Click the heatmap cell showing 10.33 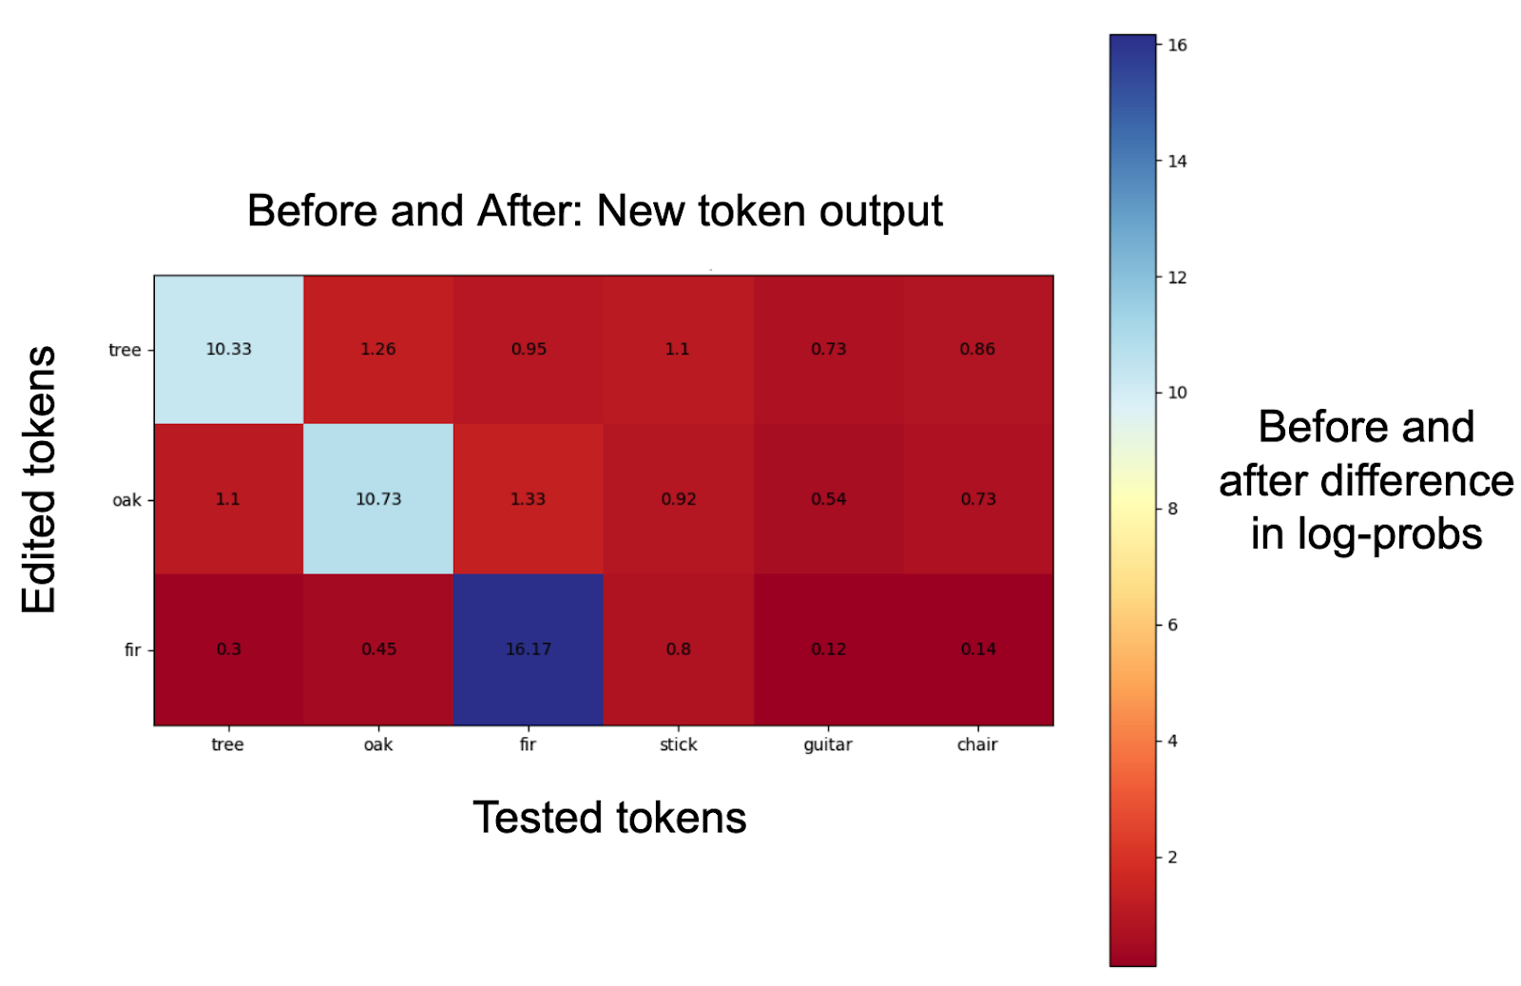(229, 350)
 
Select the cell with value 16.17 (529, 649)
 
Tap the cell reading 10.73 (378, 499)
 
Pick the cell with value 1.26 (378, 350)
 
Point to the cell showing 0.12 (828, 649)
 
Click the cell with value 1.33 (529, 499)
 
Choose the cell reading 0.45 (378, 649)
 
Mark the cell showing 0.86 (978, 350)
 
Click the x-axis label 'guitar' (828, 745)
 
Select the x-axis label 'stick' (679, 744)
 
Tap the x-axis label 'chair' (977, 744)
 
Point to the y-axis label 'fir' (132, 649)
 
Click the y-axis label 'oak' (127, 500)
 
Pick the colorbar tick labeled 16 (1178, 46)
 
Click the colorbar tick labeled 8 (1173, 509)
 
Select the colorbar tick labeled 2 (1173, 857)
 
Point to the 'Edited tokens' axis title (39, 479)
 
